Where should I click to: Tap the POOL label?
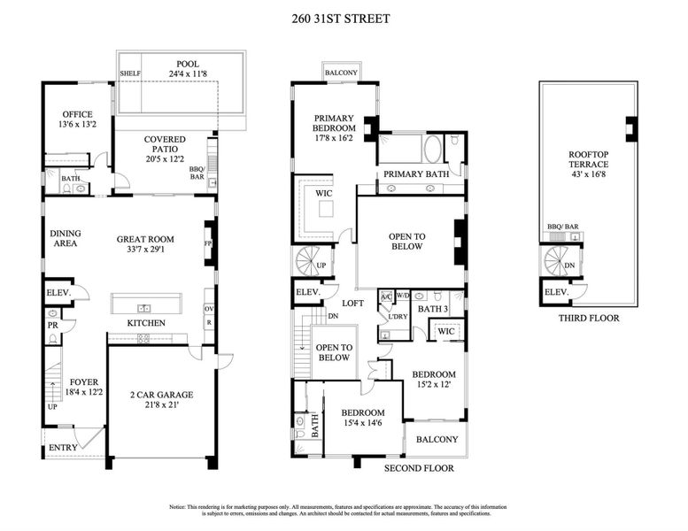pyautogui.click(x=187, y=64)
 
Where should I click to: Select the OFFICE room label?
pyautogui.click(x=77, y=114)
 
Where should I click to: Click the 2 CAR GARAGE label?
pyautogui.click(x=161, y=395)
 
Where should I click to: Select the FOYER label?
pyautogui.click(x=84, y=382)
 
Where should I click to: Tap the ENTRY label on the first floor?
pyautogui.click(x=63, y=448)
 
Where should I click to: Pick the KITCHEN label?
pyautogui.click(x=146, y=323)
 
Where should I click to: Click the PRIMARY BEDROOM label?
pyautogui.click(x=334, y=123)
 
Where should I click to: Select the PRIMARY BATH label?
pyautogui.click(x=416, y=174)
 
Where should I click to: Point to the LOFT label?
pyautogui.click(x=352, y=303)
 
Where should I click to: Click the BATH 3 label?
pyautogui.click(x=432, y=309)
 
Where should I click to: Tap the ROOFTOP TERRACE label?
pyautogui.click(x=588, y=159)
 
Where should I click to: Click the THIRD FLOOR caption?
pyautogui.click(x=589, y=319)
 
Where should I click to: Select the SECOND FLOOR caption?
pyautogui.click(x=419, y=468)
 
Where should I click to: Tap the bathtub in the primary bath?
pyautogui.click(x=437, y=148)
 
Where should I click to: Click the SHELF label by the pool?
pyautogui.click(x=130, y=74)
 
